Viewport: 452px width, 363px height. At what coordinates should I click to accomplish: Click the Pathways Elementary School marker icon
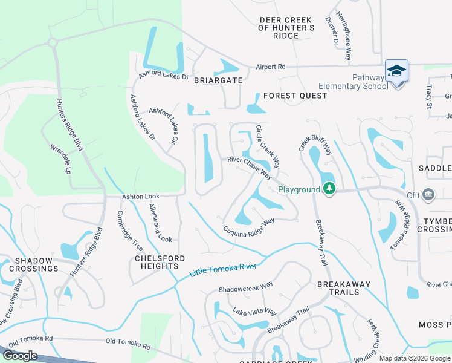[x=396, y=72]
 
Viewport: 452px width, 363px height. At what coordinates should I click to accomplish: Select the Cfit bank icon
[x=428, y=194]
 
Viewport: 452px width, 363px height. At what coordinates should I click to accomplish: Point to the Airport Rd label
[x=270, y=67]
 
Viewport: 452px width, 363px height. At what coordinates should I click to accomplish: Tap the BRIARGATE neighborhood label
[x=218, y=80]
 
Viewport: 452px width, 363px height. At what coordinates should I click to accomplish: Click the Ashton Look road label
[x=141, y=197]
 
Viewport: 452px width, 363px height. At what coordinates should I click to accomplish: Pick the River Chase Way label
[x=249, y=168]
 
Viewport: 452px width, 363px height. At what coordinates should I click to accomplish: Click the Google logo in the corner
[x=20, y=356]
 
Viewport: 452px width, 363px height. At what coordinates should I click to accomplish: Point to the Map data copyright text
[x=415, y=358]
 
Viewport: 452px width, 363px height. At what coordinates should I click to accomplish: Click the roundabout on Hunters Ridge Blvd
[x=53, y=43]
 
